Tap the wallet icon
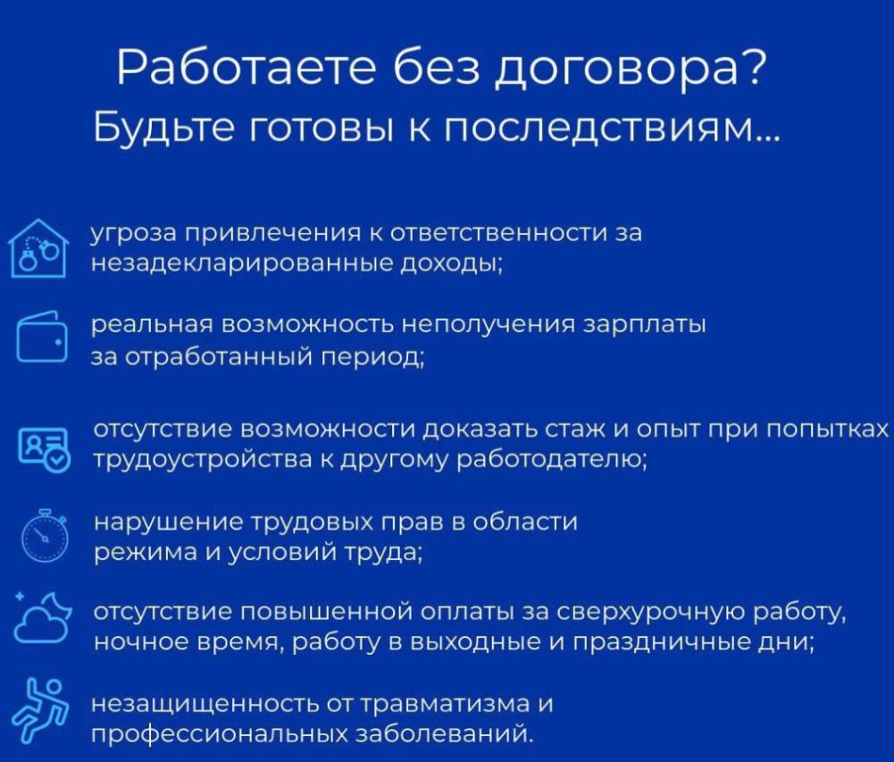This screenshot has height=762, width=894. pyautogui.click(x=42, y=337)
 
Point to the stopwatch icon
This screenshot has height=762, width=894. pyautogui.click(x=45, y=536)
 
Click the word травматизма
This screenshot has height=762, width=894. pyautogui.click(x=446, y=705)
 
